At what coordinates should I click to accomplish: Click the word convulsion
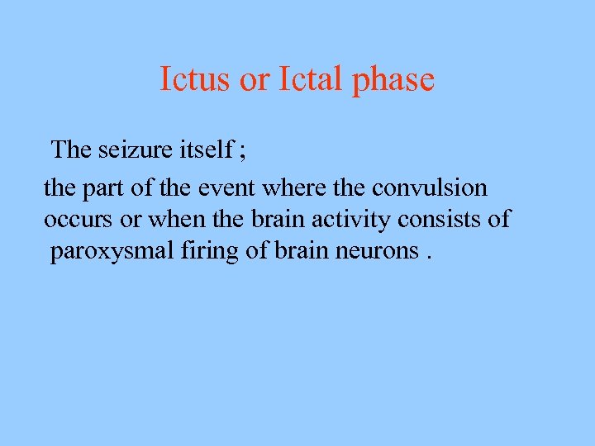tap(429, 188)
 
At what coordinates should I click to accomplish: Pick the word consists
tap(442, 220)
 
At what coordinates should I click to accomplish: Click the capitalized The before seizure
tap(71, 149)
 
